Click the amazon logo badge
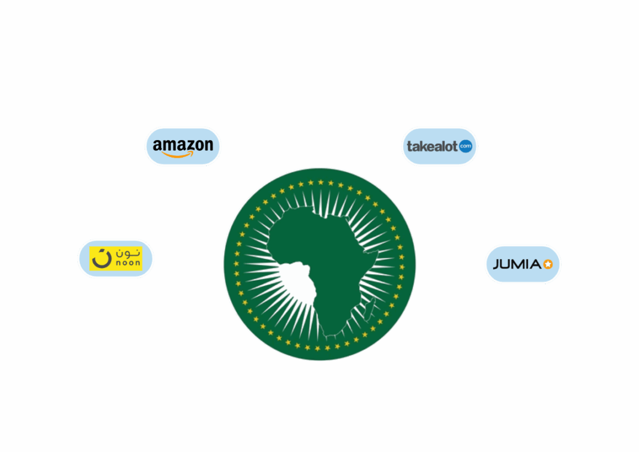[x=183, y=146]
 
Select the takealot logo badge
[x=440, y=146]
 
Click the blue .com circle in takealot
[x=465, y=147]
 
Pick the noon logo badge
[x=116, y=259]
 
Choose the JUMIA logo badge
[x=523, y=264]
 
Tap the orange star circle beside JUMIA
[x=547, y=264]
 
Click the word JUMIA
[x=516, y=264]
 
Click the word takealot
[x=432, y=147]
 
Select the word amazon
[x=182, y=145]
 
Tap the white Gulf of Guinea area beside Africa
[x=297, y=282]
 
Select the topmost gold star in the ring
[x=320, y=182]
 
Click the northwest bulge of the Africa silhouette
[x=277, y=232]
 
